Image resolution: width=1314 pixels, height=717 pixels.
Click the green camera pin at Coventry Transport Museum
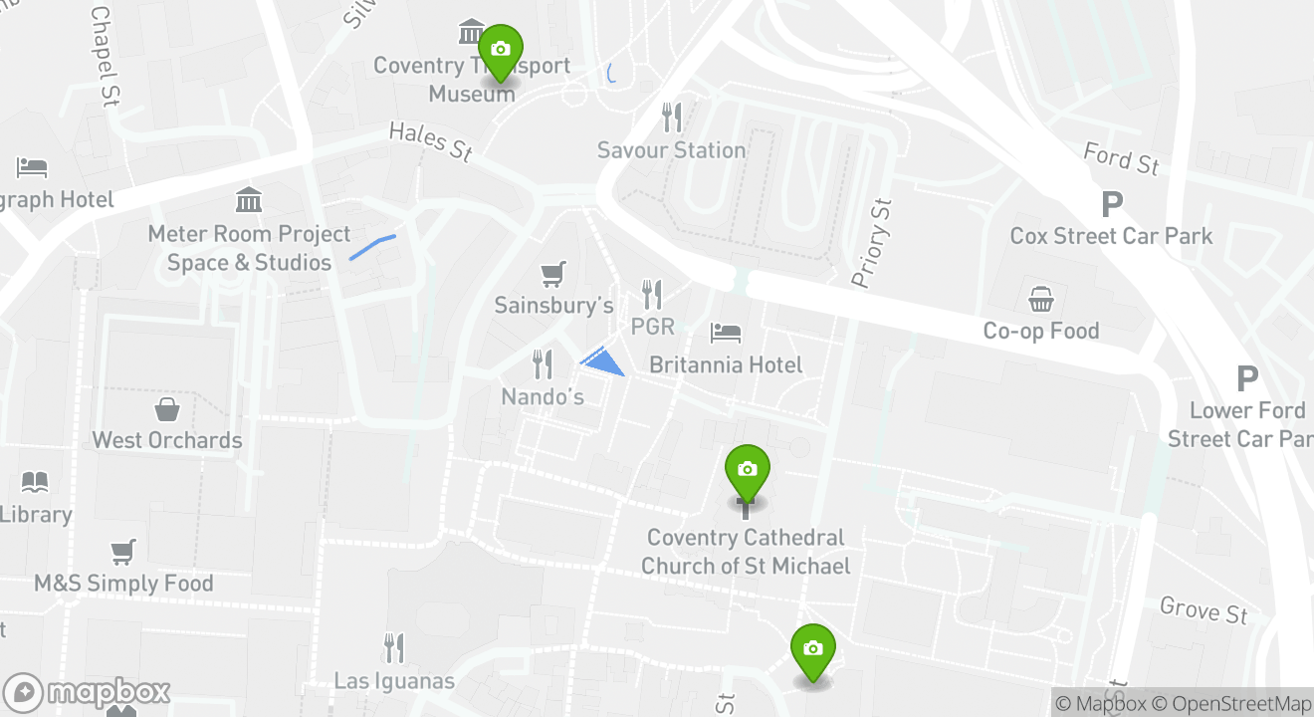501,51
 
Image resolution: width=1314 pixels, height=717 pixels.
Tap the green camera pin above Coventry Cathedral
748,471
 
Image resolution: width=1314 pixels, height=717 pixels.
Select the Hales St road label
430,140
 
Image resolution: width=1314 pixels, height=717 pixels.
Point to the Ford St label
1121,157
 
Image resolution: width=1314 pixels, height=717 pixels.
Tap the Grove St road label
1204,608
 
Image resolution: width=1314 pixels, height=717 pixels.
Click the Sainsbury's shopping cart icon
553,273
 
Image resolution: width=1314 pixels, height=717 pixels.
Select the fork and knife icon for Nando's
543,364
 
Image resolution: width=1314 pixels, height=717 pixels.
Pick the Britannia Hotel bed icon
726,333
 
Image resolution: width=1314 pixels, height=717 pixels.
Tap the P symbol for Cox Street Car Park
1112,205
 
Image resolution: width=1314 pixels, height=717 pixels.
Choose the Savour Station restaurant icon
673,118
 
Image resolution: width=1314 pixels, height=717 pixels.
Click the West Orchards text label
167,440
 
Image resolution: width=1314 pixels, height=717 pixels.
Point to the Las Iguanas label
394,681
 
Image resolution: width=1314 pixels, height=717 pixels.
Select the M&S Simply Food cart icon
123,551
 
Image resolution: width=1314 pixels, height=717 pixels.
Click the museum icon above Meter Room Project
249,201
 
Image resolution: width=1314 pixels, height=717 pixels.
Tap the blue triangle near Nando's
603,360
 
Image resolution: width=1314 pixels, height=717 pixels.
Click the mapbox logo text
108,692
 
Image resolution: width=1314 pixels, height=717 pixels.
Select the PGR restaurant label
653,327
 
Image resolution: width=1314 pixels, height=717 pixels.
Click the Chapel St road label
104,56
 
